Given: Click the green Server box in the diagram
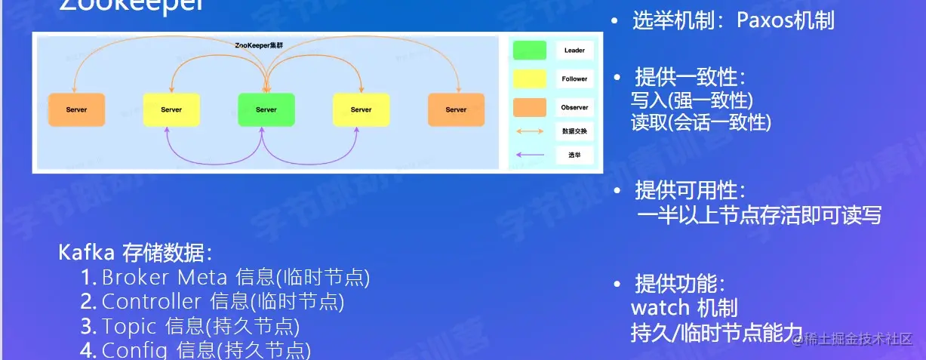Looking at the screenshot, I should coord(266,109).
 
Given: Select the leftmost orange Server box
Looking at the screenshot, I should coord(76,109).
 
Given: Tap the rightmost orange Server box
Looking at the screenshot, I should coord(456,109).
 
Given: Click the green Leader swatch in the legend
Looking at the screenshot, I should coord(529,51).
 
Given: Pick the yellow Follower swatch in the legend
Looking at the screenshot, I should coord(529,78).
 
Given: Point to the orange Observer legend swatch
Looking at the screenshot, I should coord(529,107).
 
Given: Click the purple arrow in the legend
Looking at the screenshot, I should coord(529,155).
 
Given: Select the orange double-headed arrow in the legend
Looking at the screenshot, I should coord(529,131).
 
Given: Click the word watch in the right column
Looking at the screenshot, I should coord(660,308).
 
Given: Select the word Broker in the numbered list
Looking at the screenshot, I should coord(134,277).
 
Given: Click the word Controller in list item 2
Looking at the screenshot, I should coord(151,302).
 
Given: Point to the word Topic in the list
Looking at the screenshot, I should coord(129,327).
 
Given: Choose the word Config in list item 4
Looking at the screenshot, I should coord(135,351).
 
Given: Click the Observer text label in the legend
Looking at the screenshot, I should coord(574,107).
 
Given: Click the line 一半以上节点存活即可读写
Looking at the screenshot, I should coord(758,215).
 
